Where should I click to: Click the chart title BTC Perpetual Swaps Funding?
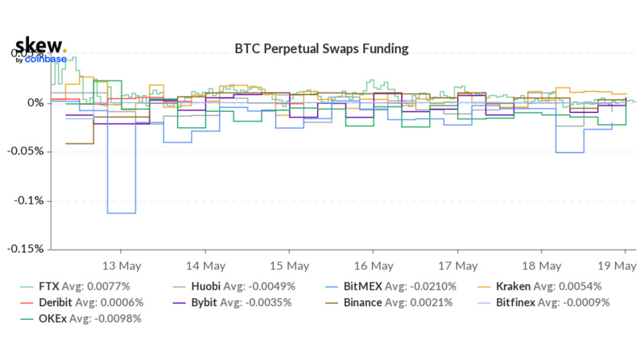click(321, 49)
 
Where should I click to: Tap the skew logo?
click(39, 47)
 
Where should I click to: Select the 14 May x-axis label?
click(204, 265)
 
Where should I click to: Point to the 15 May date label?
click(289, 265)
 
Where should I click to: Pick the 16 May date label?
click(373, 265)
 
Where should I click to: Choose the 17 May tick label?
click(457, 265)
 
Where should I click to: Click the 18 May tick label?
click(541, 265)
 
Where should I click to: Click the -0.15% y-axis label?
click(27, 249)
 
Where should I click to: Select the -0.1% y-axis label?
click(30, 201)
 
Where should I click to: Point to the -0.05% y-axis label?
click(27, 151)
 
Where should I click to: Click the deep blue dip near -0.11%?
click(121, 213)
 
